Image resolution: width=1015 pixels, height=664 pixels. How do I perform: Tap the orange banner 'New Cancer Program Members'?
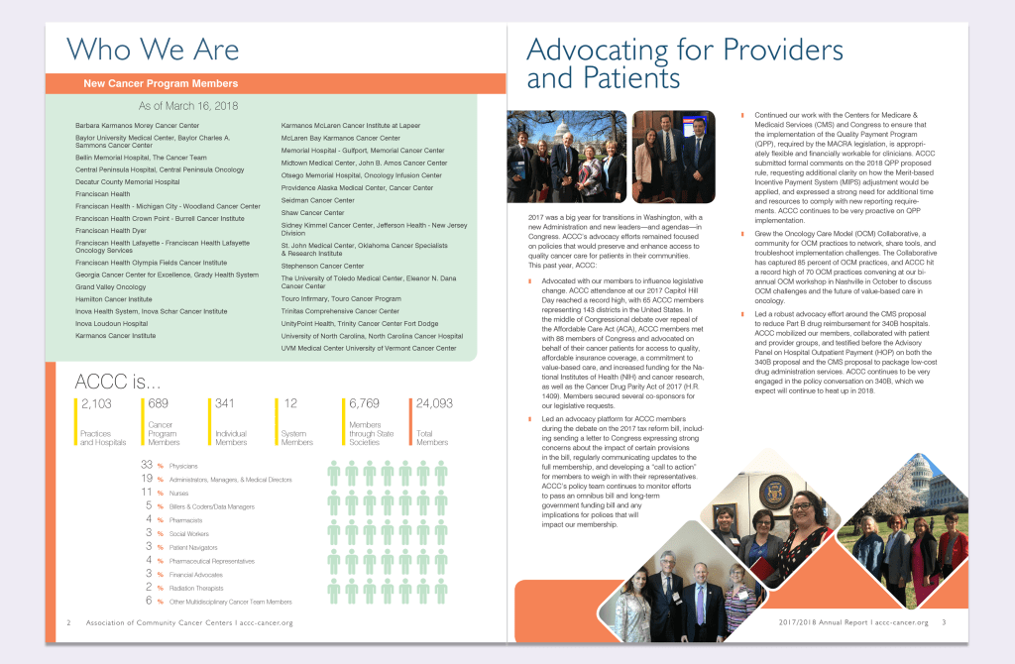pos(161,84)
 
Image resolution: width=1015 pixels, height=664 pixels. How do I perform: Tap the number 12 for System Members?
pos(290,403)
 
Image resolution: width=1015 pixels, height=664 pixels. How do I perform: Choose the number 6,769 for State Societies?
pos(366,403)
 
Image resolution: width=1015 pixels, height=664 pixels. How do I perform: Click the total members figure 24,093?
pos(434,403)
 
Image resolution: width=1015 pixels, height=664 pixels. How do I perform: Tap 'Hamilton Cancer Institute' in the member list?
pos(113,298)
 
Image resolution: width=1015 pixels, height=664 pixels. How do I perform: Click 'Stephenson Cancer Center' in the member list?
pos(322,266)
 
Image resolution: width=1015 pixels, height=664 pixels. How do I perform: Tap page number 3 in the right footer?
pos(945,622)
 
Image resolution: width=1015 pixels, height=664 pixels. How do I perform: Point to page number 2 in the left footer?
pos(68,622)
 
